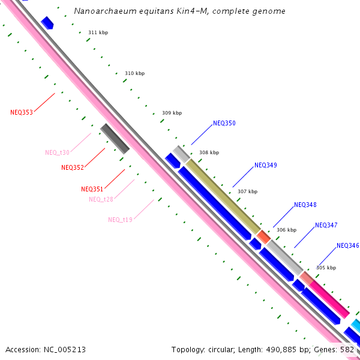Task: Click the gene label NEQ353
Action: click(22, 112)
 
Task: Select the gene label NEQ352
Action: click(73, 167)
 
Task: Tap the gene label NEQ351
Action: click(92, 189)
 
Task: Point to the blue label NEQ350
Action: click(224, 123)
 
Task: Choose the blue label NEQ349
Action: click(266, 165)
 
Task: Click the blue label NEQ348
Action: click(305, 205)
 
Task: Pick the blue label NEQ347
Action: click(326, 225)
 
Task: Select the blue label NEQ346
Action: click(348, 245)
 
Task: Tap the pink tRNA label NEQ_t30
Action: click(58, 152)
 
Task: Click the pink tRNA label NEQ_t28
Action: click(101, 199)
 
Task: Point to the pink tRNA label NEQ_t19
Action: click(121, 220)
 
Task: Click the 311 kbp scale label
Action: click(98, 32)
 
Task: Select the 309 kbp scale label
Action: click(172, 113)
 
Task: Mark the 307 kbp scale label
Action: click(247, 191)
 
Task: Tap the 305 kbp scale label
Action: click(326, 268)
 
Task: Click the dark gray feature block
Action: click(115, 139)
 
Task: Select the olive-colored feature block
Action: click(223, 196)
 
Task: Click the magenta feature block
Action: click(329, 299)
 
